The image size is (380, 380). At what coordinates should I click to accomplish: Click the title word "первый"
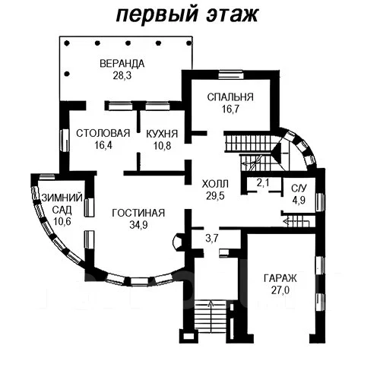click(157, 15)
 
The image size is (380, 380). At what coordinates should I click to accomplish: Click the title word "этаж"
click(233, 14)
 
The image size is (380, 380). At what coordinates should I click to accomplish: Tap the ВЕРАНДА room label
click(122, 64)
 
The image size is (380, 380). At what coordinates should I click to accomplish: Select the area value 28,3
click(122, 75)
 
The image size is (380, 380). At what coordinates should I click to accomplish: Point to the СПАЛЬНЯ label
click(230, 97)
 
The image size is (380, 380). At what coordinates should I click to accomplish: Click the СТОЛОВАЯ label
click(103, 133)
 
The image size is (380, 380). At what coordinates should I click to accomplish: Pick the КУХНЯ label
click(162, 134)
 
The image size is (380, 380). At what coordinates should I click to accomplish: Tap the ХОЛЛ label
click(215, 184)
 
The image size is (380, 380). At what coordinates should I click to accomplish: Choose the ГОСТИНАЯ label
click(138, 213)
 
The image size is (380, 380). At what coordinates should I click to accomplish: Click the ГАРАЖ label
click(280, 278)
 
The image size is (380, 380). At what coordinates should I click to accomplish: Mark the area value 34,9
click(138, 225)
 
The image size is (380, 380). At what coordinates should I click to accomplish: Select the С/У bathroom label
click(299, 188)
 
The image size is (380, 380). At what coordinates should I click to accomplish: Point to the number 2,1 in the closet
click(263, 182)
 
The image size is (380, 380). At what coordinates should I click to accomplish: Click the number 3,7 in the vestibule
click(212, 238)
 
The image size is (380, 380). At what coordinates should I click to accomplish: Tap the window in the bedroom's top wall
click(231, 75)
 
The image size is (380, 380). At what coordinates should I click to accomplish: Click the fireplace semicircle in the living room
click(176, 242)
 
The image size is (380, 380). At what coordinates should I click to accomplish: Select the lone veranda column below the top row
click(67, 74)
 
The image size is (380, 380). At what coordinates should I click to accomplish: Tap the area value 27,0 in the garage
click(280, 290)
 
